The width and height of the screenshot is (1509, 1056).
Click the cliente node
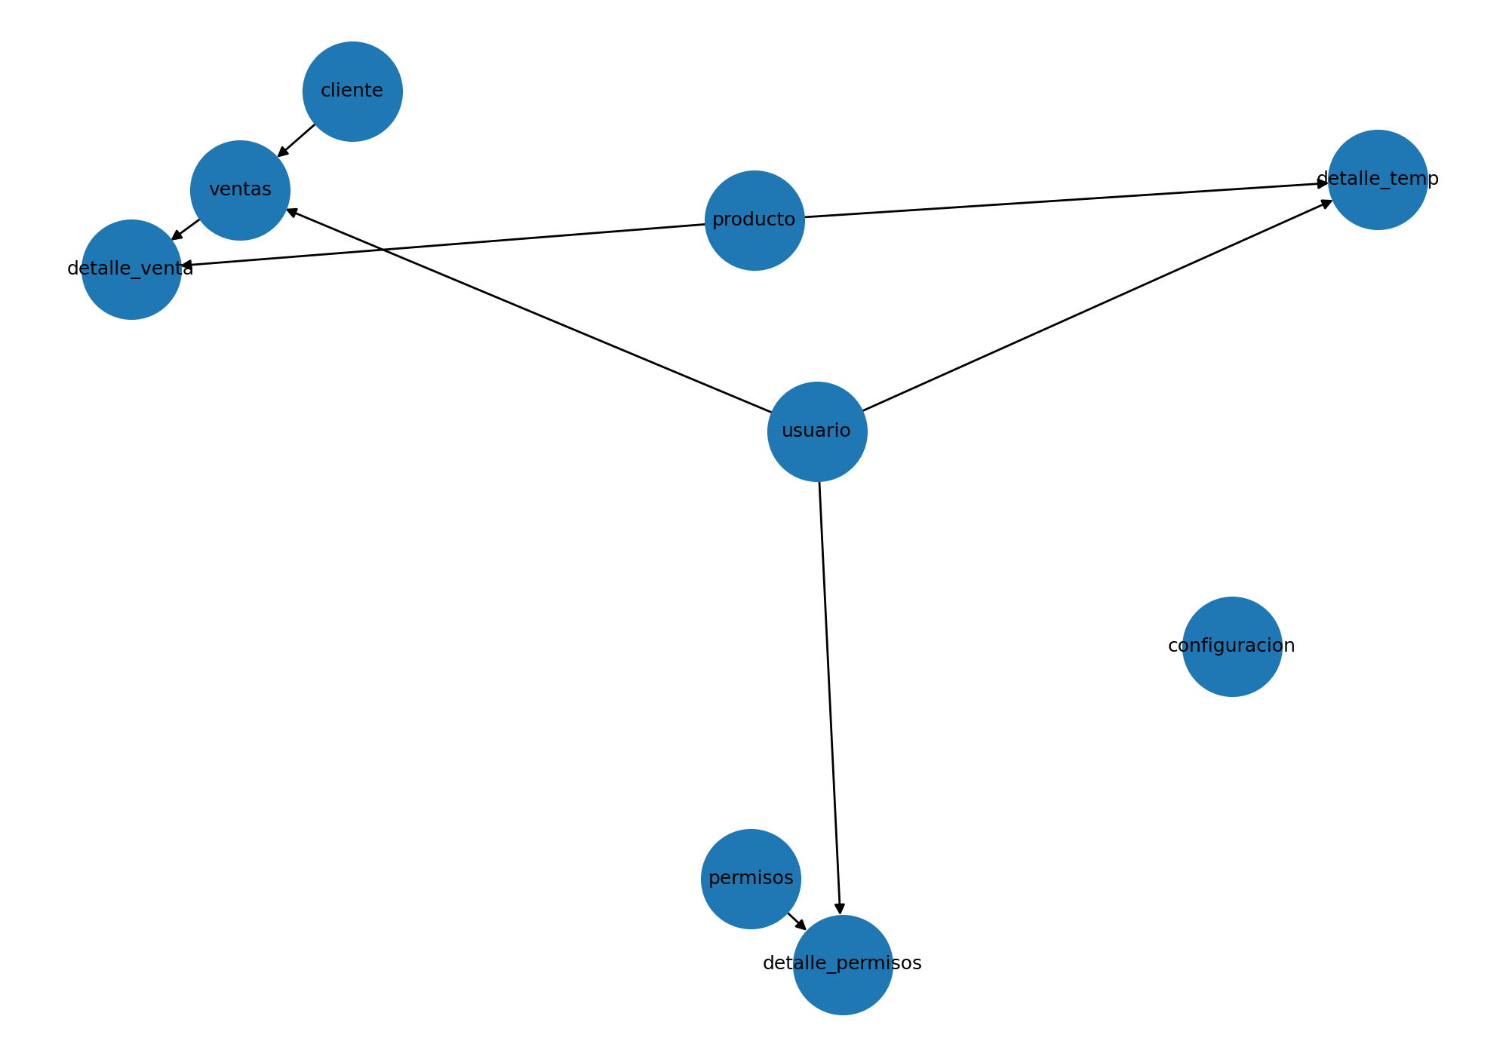[352, 91]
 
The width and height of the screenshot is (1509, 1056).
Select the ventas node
[240, 190]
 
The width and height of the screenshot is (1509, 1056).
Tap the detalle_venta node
[131, 269]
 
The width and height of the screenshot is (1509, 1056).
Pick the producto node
[754, 220]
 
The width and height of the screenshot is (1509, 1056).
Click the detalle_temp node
[1378, 180]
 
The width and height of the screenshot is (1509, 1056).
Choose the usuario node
[817, 431]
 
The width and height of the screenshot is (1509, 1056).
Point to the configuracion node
[1232, 646]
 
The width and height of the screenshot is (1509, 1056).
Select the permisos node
[751, 879]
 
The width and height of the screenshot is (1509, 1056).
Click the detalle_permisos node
[843, 965]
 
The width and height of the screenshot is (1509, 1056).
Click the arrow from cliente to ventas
[297, 140]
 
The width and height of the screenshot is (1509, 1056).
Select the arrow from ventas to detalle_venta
[186, 229]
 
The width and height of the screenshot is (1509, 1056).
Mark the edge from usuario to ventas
[528, 311]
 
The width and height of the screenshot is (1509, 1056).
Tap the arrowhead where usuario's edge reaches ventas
[292, 212]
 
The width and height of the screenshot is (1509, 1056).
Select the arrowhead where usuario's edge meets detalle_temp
[1328, 202]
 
